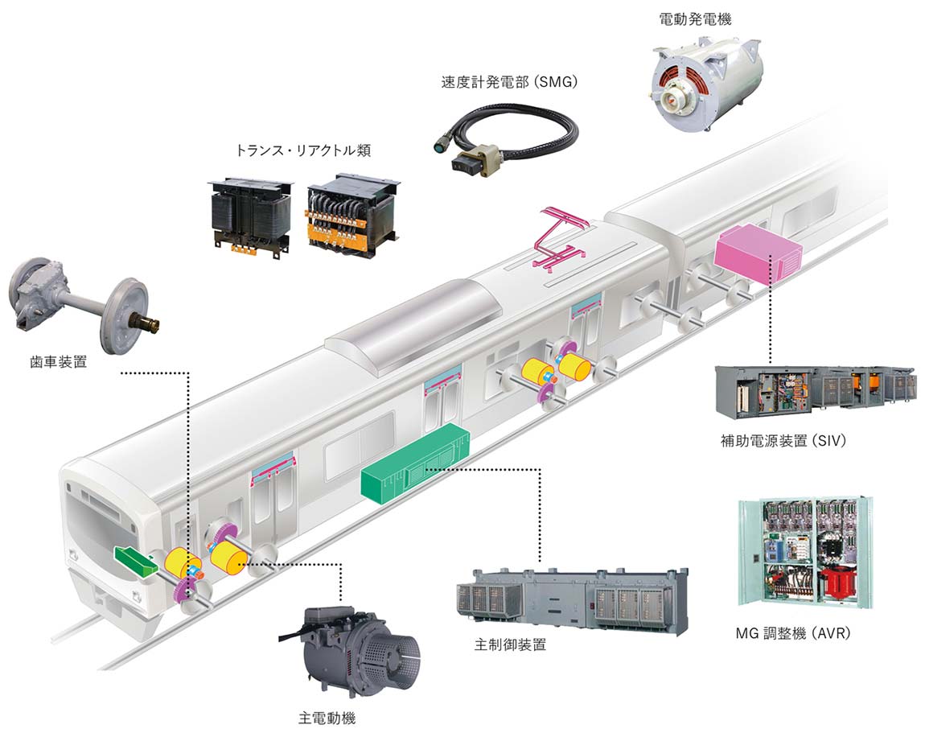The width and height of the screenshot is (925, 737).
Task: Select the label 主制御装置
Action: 511,644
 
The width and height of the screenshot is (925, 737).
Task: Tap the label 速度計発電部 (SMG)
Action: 510,81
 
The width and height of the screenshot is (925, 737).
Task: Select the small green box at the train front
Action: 136,561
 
